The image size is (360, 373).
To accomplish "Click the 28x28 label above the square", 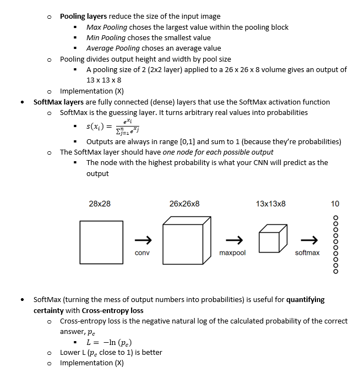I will click(99, 204).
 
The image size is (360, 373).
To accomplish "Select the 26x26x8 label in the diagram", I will click(184, 204).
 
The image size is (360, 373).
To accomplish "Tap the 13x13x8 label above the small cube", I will click(271, 204).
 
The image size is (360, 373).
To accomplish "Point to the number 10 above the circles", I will click(335, 204).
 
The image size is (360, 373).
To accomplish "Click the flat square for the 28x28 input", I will click(100, 240).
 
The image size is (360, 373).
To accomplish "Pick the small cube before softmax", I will click(273, 239).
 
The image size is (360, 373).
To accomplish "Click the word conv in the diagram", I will click(142, 253).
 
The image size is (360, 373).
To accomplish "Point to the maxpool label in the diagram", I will click(232, 253).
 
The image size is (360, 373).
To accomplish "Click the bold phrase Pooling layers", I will click(83, 17).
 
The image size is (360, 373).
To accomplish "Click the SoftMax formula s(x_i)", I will click(111, 126).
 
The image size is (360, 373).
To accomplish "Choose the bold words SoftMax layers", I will click(59, 102).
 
